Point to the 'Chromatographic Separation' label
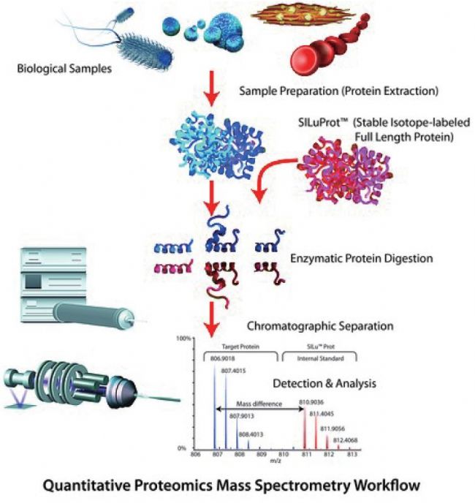[319, 325]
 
